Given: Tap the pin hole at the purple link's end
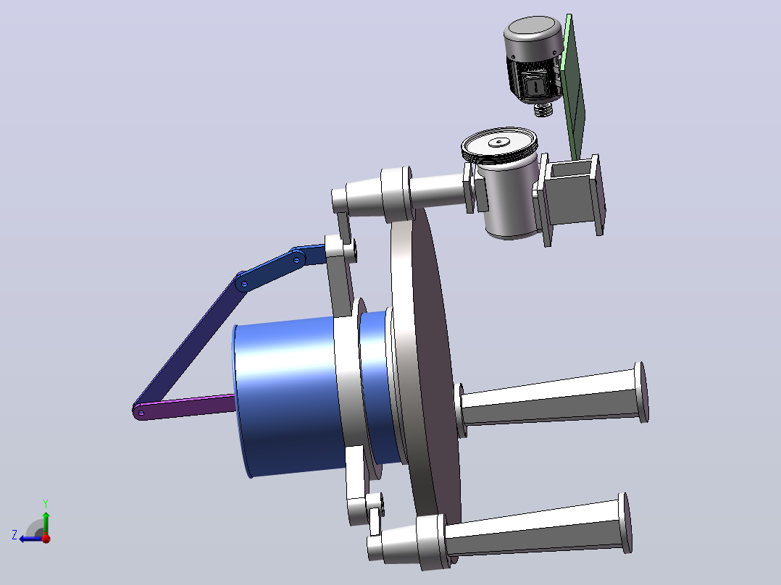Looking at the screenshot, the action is point(141,412).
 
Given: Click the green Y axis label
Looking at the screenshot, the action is point(46,503).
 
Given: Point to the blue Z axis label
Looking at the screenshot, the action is point(14,535).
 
